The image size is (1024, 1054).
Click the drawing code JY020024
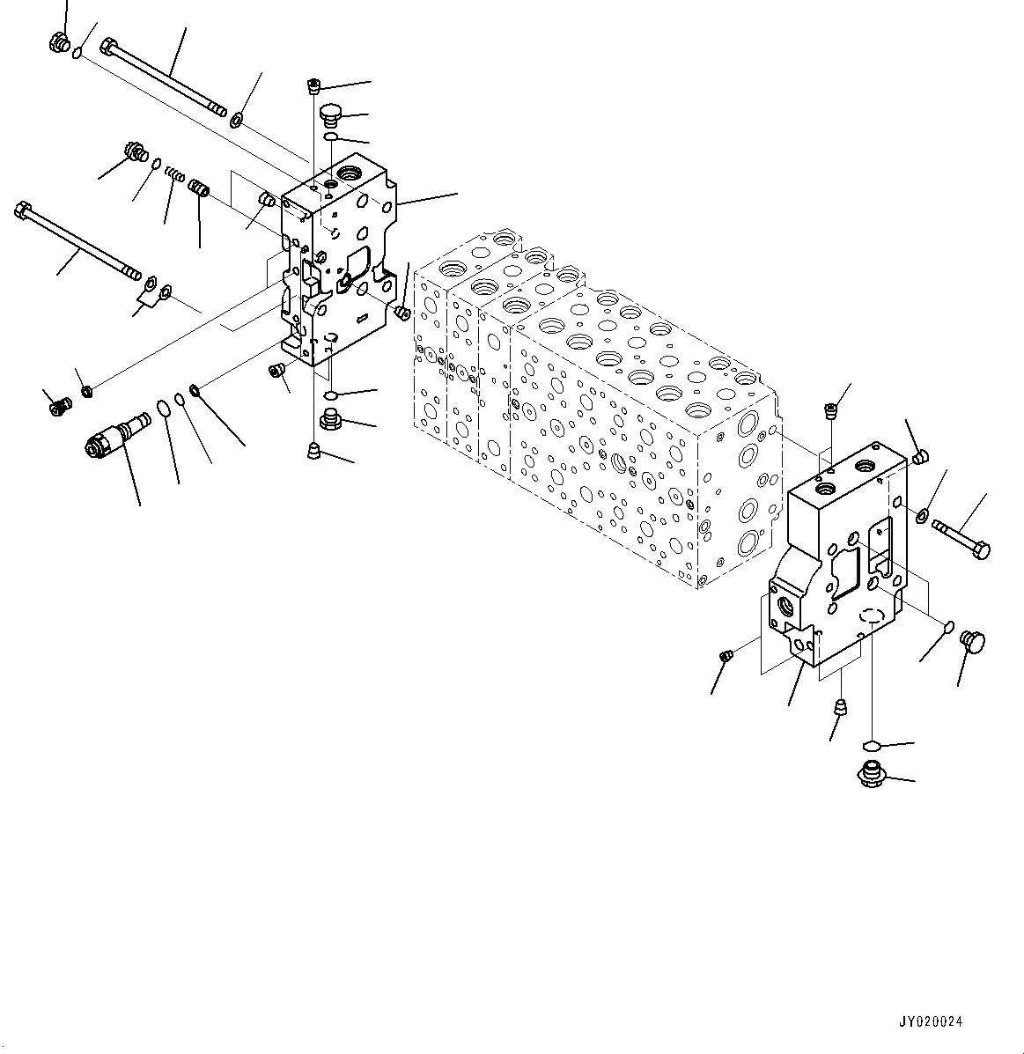point(931,1022)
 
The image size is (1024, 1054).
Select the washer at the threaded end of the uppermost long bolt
point(237,118)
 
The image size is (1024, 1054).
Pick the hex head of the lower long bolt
point(23,211)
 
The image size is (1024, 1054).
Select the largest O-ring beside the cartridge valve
point(164,408)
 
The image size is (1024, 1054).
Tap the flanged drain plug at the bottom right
point(870,776)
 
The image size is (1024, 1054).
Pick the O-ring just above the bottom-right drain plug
point(870,746)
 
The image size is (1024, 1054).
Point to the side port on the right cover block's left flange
point(783,606)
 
